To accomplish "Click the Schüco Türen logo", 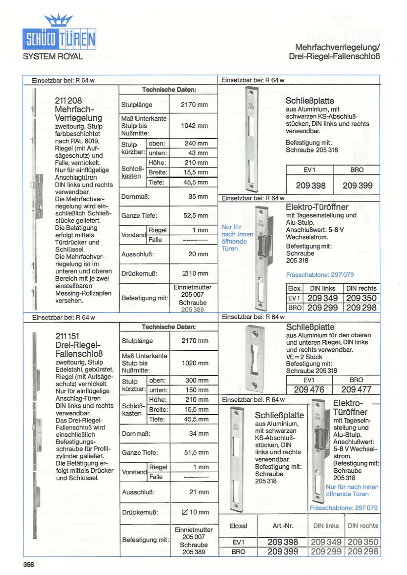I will point(59,33).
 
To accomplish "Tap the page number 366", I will point(29,564).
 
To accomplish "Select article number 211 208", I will point(68,101).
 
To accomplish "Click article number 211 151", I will point(68,336).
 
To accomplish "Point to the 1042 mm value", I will point(194,126).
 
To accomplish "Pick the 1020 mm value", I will point(195,363).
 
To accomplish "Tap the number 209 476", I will point(309,390).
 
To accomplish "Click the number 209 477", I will point(356,390).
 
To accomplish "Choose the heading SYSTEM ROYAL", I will point(53,57).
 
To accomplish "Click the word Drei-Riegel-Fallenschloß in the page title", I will point(334,56).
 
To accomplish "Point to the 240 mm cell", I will point(196,143).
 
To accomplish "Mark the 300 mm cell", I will point(197,380).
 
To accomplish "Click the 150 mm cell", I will point(197,390).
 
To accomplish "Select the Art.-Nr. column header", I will point(283,526).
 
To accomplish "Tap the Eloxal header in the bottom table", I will point(238,526).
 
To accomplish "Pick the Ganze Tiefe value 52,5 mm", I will point(196,216).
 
